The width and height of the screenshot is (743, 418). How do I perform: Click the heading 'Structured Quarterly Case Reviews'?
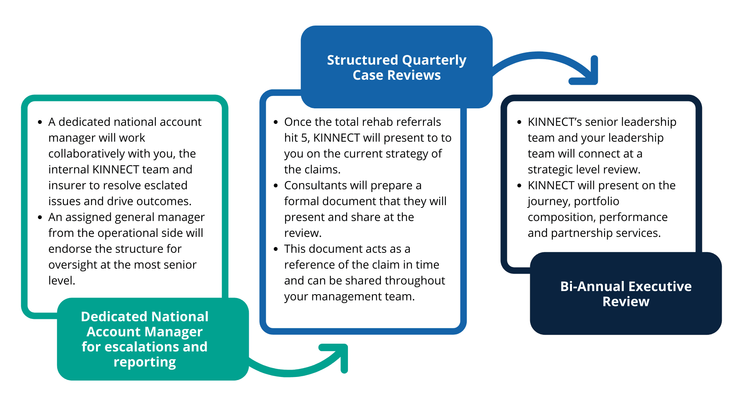coord(396,67)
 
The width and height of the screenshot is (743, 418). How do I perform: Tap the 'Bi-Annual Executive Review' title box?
coord(626,294)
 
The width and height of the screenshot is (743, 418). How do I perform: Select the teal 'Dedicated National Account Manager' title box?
coord(152,339)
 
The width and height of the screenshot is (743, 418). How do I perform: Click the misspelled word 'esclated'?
coord(166,185)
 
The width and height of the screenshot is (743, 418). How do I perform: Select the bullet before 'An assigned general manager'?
coord(40,218)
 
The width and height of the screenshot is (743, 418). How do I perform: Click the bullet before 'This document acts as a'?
coord(276,249)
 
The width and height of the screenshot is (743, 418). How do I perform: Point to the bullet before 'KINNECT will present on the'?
coord(519,186)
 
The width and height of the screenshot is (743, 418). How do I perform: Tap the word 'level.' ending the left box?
coord(62,281)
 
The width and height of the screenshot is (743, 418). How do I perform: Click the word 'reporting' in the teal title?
coord(144,362)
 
